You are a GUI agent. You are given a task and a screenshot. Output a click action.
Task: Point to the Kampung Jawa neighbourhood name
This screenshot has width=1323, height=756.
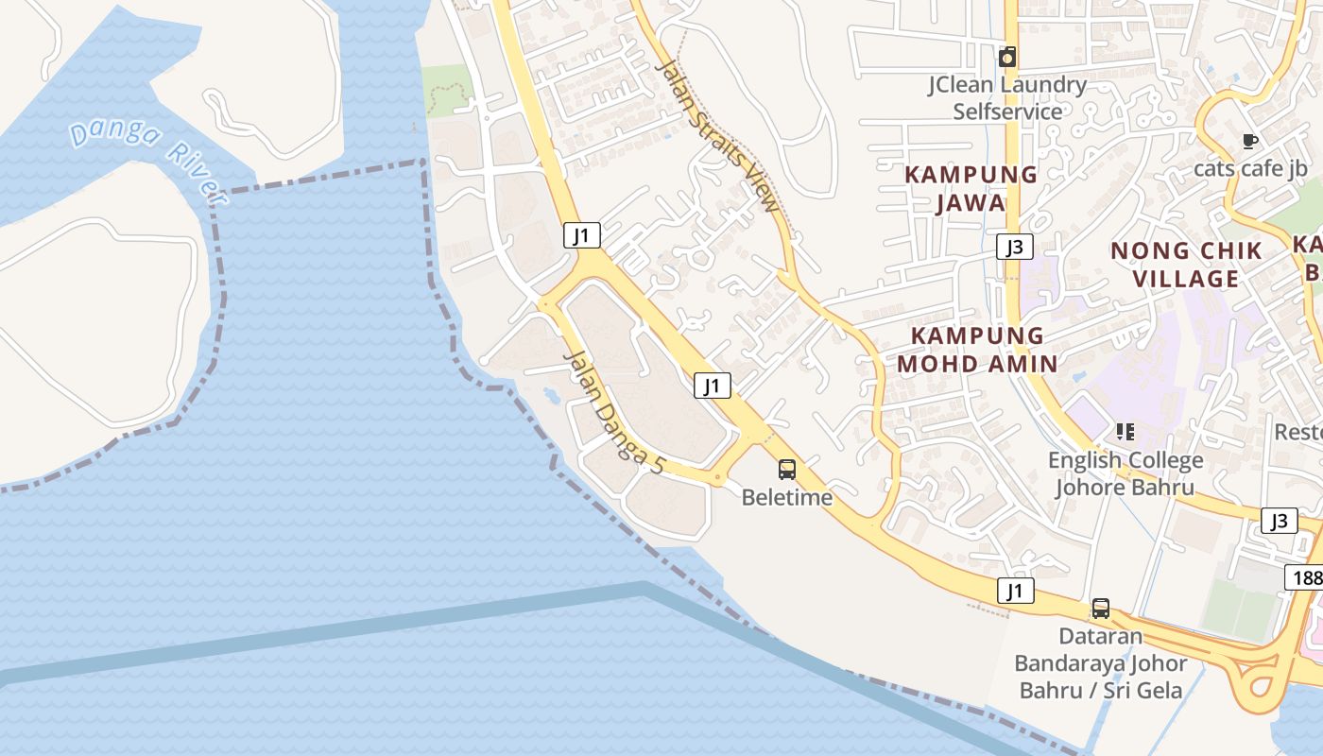[971, 188]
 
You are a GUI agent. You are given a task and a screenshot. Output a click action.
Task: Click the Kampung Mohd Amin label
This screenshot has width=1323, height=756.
[977, 349]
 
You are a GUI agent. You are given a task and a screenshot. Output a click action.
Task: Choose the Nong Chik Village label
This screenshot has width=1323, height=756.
[1186, 265]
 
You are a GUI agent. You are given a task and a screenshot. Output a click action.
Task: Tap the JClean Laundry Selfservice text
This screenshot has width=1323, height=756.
[1007, 98]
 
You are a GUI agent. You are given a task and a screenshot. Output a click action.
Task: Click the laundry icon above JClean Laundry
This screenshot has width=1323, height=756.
[1007, 58]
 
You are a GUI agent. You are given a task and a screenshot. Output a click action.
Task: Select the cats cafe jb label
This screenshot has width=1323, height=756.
[1250, 169]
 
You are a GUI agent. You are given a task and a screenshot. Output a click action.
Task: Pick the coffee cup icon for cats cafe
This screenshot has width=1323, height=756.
[1249, 142]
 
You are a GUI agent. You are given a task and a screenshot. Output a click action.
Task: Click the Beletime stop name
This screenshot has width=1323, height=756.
[787, 497]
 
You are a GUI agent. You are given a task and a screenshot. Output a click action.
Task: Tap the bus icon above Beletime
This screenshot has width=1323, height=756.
[787, 469]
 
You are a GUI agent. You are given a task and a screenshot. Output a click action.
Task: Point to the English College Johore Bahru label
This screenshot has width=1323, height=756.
[1125, 473]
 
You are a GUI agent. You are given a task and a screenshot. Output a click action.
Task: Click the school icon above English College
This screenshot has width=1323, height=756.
[1125, 432]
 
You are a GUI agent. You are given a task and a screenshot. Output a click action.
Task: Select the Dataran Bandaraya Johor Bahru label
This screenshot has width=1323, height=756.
[1100, 663]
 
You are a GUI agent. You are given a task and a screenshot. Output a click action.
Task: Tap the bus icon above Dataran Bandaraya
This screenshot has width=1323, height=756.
[1100, 609]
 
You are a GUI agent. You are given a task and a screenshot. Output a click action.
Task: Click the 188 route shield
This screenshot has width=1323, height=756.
[1306, 576]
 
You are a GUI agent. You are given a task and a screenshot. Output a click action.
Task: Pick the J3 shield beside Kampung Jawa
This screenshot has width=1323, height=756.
[1014, 248]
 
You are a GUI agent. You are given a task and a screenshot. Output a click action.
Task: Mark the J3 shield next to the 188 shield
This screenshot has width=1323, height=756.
[1279, 521]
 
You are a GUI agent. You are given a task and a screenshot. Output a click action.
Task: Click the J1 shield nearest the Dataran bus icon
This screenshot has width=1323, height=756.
[1015, 592]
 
